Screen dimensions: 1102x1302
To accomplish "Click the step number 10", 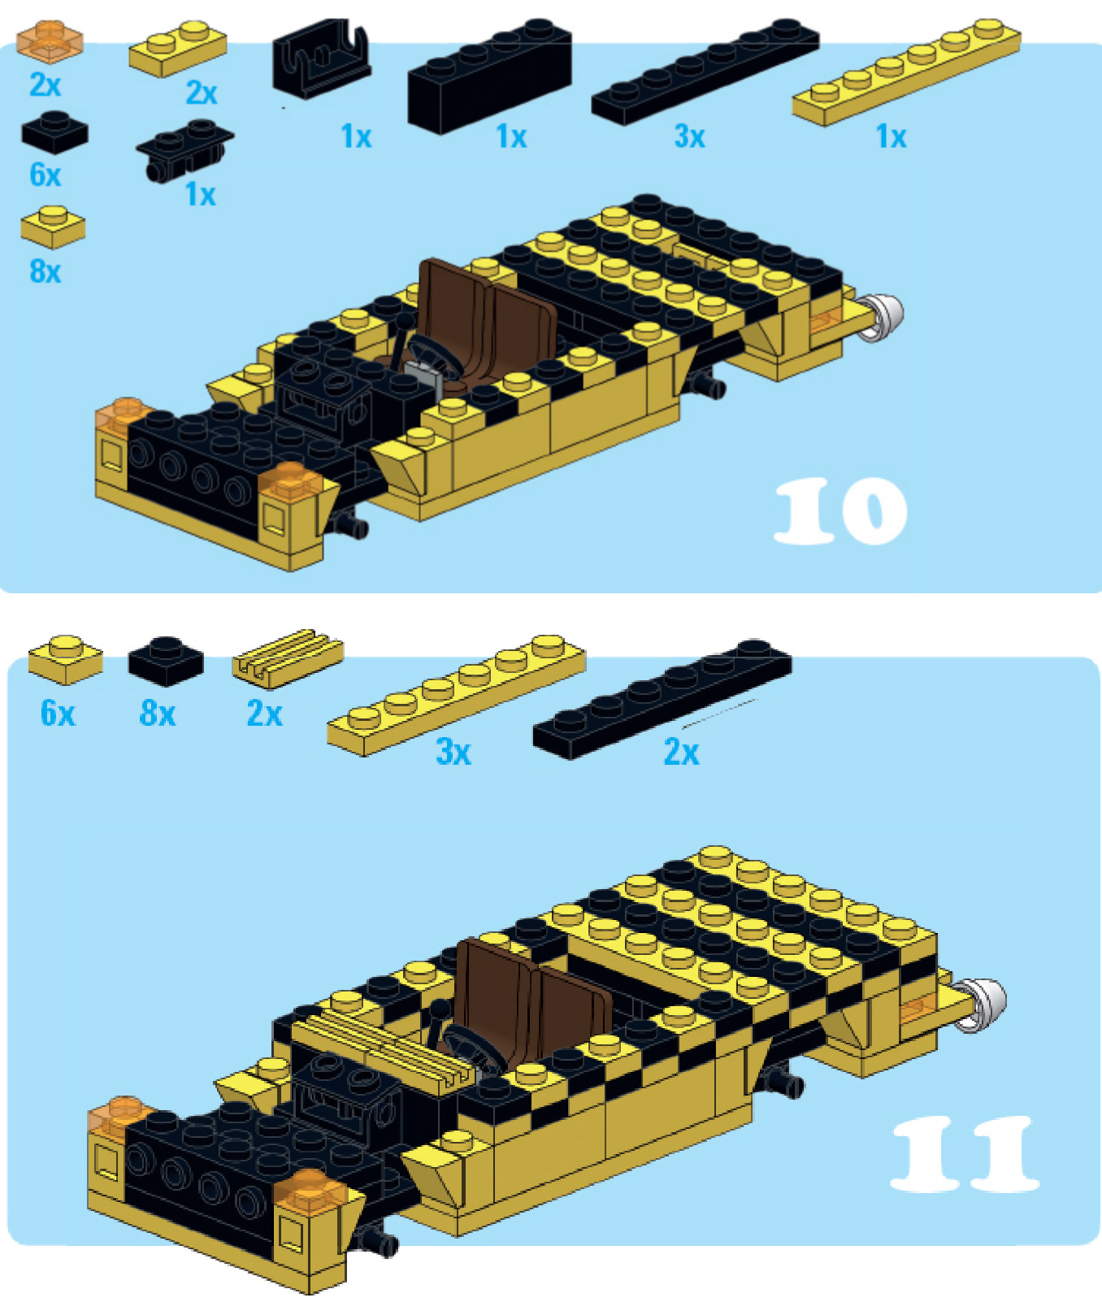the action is (840, 510).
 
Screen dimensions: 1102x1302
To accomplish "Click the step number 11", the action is (965, 1152).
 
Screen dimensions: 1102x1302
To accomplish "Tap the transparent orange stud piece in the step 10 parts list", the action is (50, 41).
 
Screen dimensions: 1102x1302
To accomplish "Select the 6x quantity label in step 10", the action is (46, 174).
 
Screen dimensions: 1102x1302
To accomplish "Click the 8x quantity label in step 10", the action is (46, 271).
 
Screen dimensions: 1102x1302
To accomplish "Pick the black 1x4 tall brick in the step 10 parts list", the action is (489, 76).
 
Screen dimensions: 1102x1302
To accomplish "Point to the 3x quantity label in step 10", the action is (689, 136).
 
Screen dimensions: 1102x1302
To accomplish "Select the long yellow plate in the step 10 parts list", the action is (907, 72).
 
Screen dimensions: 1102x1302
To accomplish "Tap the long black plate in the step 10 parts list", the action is (705, 72).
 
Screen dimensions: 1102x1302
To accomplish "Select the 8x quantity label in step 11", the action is (158, 713).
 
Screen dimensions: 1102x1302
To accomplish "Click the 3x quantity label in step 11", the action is (453, 751).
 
